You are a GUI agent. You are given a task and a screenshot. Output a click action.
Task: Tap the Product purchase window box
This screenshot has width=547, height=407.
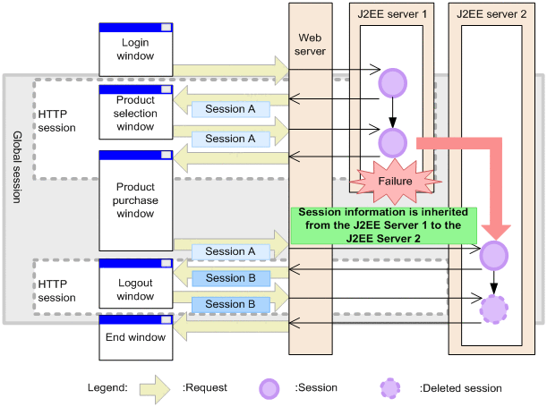(135, 199)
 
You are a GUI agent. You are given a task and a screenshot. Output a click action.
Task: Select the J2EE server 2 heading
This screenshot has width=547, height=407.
(491, 13)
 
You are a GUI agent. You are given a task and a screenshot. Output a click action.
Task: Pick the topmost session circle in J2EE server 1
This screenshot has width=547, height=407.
(392, 84)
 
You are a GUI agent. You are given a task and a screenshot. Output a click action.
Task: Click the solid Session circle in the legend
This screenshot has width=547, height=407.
(269, 388)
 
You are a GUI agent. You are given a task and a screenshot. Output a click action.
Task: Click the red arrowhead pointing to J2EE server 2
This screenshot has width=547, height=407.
(492, 228)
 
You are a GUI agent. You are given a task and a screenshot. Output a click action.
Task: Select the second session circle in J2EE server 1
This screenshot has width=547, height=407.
(392, 141)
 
